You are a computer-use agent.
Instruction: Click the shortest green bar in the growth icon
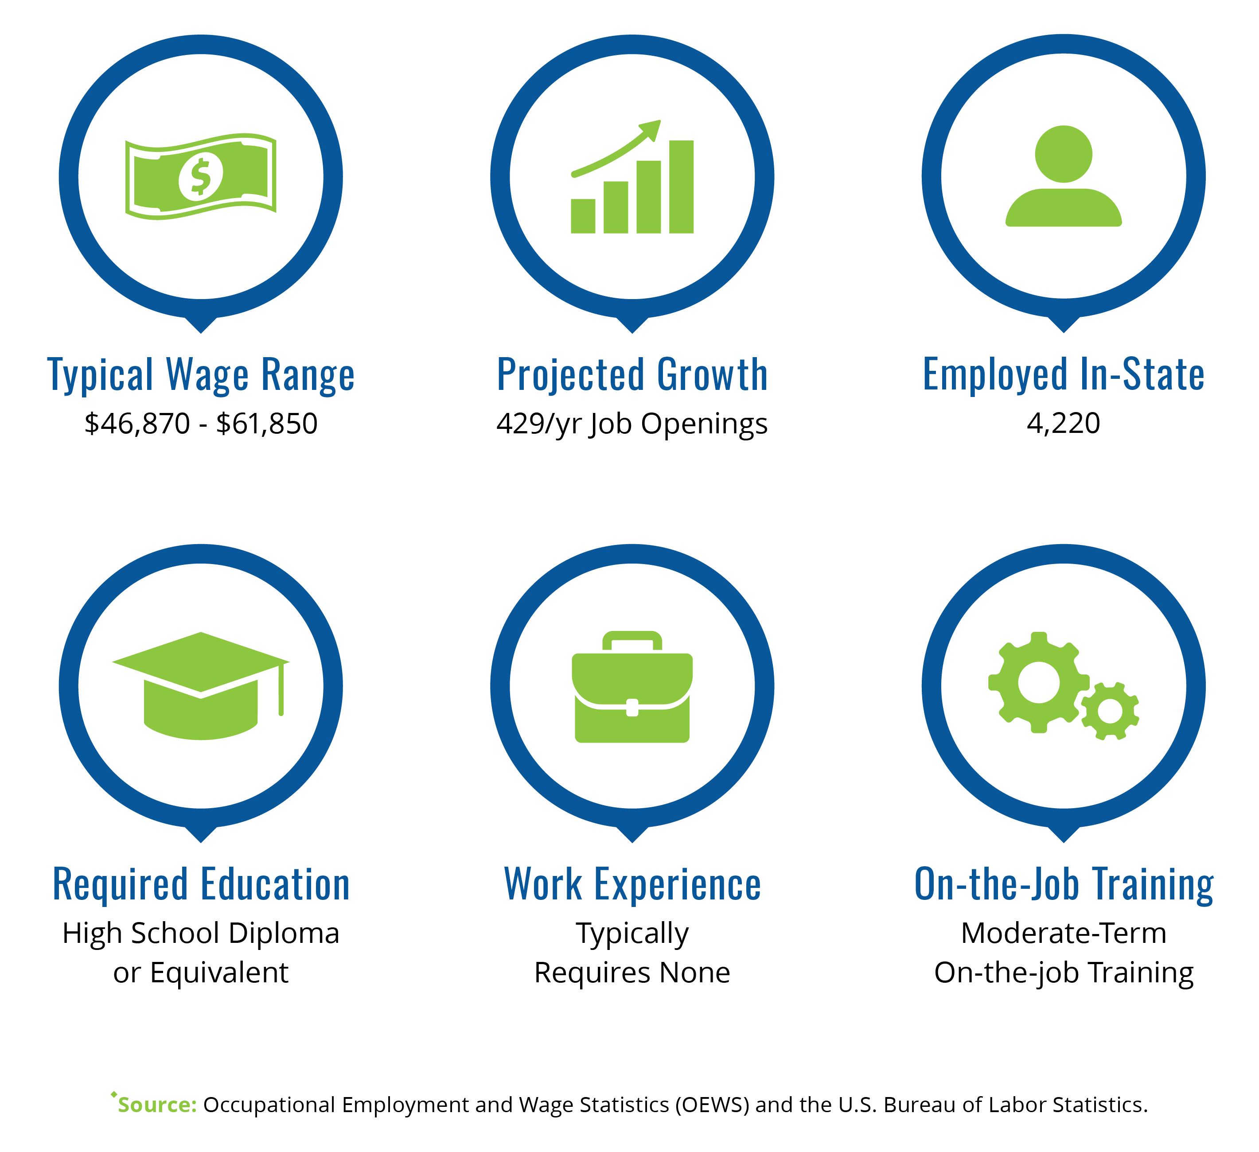583,216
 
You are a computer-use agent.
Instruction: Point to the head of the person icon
1064,154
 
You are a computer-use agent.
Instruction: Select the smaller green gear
1110,711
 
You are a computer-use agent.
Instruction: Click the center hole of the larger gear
1039,682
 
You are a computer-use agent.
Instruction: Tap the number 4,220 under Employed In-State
1064,423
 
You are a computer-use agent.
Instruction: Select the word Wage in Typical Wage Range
207,375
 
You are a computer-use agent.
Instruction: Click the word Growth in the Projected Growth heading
713,375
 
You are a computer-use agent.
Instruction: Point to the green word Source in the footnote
157,1105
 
